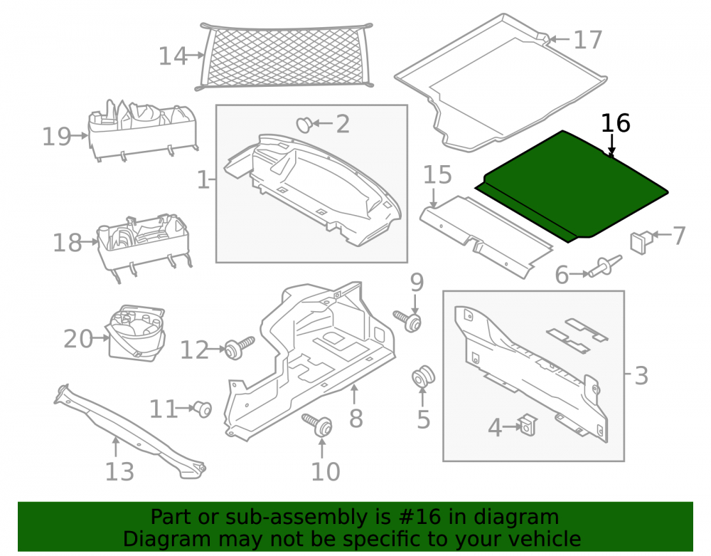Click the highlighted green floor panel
coord(572,185)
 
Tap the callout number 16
coord(615,123)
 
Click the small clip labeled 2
coord(304,125)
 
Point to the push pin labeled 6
coord(605,266)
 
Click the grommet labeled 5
coord(423,375)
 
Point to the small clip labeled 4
coord(528,425)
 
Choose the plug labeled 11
coord(203,409)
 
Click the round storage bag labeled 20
coord(135,333)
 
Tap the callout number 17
coord(588,40)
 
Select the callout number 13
coord(119,471)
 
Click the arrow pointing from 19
coord(80,135)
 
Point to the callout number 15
coord(437,175)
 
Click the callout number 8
coord(356,418)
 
